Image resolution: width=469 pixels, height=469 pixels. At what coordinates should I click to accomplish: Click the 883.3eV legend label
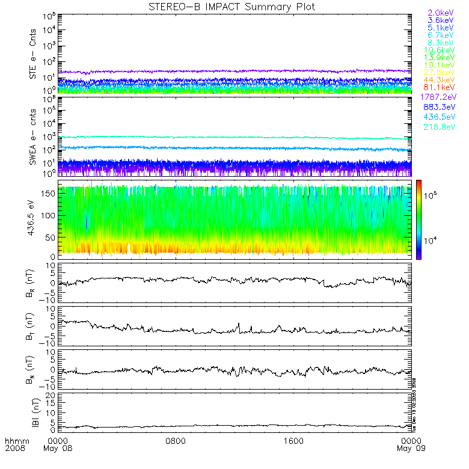(441, 108)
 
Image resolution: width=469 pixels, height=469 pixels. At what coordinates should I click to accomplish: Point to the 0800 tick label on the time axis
(174, 441)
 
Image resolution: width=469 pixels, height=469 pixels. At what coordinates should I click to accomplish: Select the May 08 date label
(55, 449)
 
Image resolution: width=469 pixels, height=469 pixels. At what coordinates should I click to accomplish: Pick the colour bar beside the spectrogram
(418, 219)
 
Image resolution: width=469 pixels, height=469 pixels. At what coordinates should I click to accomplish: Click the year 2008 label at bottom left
(14, 449)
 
